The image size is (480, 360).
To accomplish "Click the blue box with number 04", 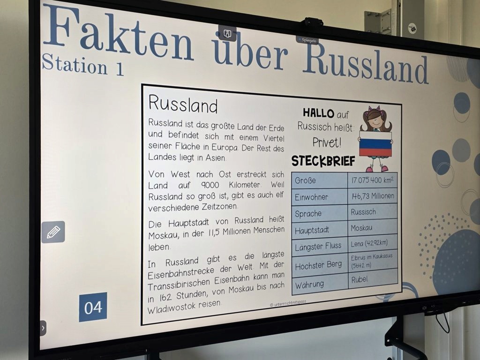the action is (93, 307).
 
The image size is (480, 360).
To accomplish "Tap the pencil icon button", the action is (53, 232).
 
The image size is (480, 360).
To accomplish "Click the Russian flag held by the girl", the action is (375, 144).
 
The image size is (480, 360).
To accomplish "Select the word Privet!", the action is (327, 142).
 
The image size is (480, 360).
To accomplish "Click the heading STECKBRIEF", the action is (323, 161).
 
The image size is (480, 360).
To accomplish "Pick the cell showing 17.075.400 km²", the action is (372, 180).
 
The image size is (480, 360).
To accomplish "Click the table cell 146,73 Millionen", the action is (373, 196).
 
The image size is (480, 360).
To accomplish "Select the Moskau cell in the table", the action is (373, 227).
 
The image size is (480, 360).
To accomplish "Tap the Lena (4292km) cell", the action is (373, 243).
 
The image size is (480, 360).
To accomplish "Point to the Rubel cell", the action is (373, 279).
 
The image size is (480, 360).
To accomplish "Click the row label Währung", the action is (309, 285).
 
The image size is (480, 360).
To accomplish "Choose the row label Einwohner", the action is (311, 197).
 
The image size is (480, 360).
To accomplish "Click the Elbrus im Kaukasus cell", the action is (373, 261).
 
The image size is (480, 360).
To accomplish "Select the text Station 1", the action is (82, 64).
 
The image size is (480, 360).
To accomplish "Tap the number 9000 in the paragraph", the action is (210, 185).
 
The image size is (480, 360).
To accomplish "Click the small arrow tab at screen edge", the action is (43, 328).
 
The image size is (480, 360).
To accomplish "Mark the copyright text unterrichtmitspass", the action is (288, 303).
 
